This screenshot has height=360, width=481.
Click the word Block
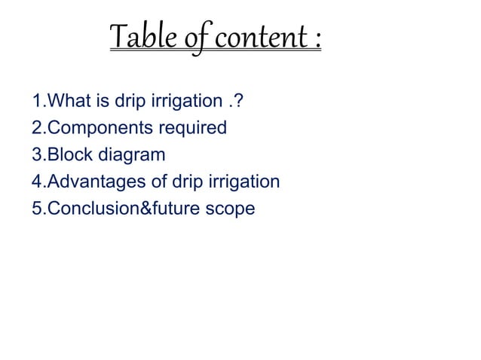pos(66,155)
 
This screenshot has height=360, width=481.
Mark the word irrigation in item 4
pos(244,183)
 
